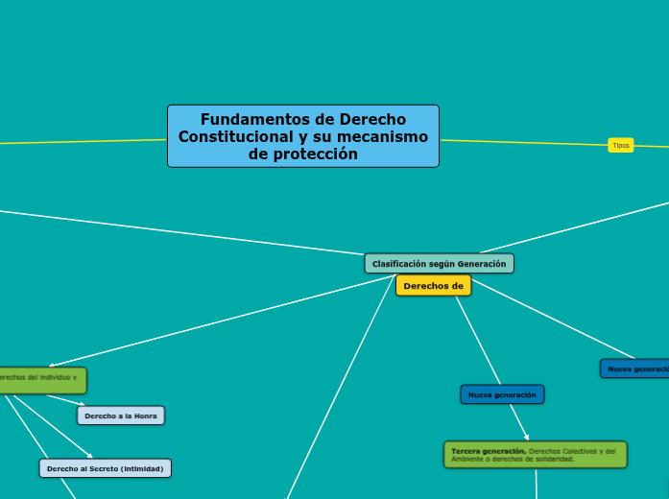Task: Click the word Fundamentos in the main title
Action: coord(241,120)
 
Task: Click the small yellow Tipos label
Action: coord(621,146)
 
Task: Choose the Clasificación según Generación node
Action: coord(439,263)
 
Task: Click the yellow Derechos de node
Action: coord(433,286)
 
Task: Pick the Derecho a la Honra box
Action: coord(121,416)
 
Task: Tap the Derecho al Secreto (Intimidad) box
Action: coord(106,468)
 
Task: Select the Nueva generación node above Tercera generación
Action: coord(502,394)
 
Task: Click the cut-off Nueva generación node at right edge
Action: coord(635,368)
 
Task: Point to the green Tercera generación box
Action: coord(535,454)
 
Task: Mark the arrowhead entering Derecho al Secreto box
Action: coord(90,457)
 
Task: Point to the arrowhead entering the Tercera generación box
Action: coord(527,439)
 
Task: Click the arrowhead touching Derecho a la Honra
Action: coord(82,405)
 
